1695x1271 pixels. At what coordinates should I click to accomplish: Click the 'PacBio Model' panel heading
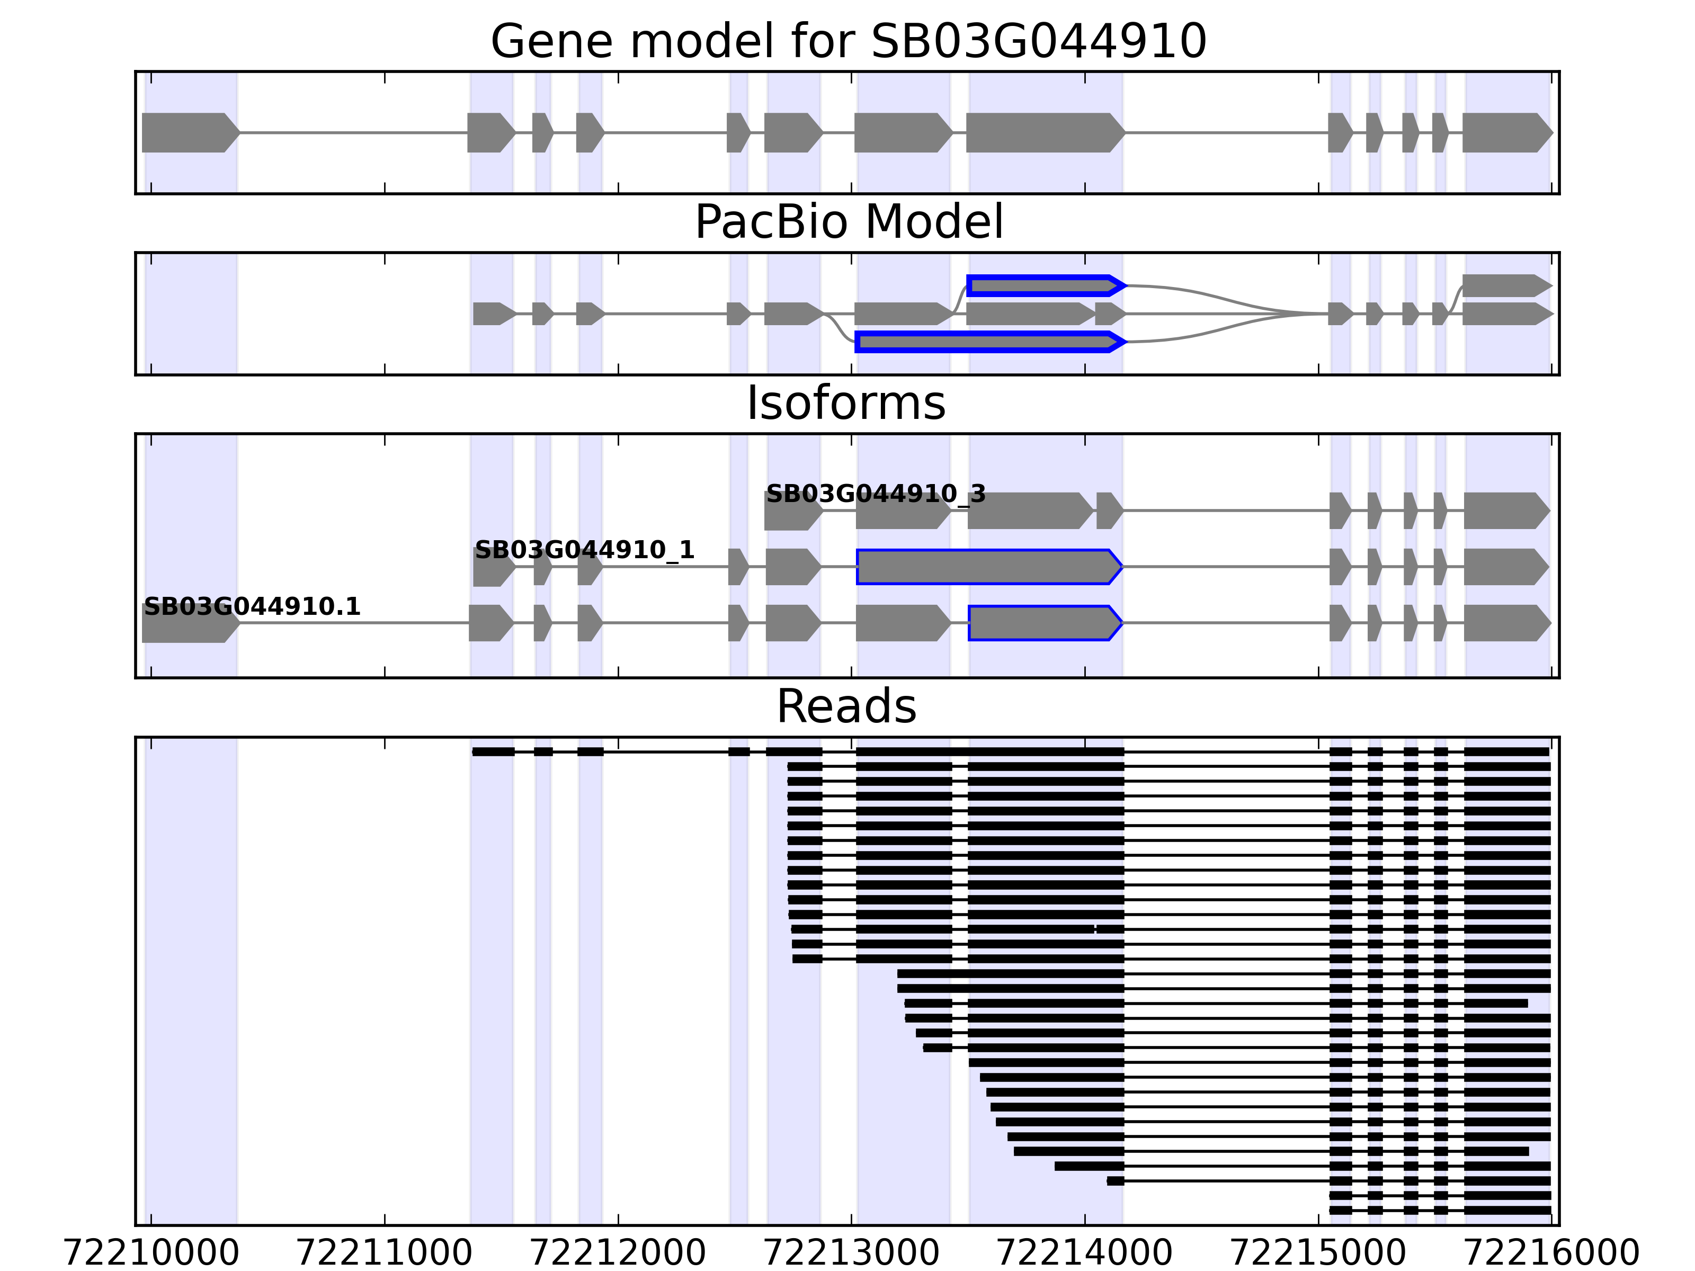[848, 222]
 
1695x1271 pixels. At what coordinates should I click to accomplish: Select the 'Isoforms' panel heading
[846, 403]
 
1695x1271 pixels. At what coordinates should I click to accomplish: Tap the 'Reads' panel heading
[846, 706]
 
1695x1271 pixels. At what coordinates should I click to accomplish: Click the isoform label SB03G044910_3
[875, 494]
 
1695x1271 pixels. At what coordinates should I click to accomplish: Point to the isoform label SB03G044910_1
[584, 550]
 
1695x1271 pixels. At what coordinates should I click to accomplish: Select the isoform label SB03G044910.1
[252, 607]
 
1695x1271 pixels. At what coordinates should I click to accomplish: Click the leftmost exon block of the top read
[493, 751]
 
